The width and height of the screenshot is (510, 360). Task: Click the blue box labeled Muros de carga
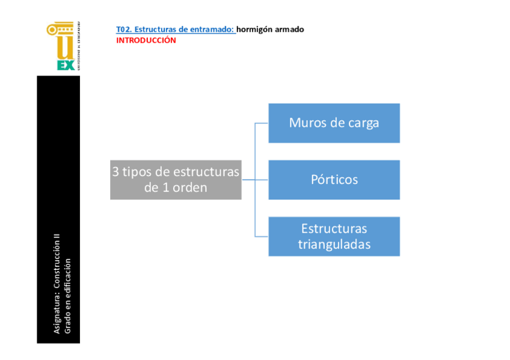click(334, 123)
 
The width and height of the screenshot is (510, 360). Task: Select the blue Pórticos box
click(334, 180)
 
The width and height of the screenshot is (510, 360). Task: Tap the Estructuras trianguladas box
click(334, 236)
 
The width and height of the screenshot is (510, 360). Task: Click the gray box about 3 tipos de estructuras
click(176, 180)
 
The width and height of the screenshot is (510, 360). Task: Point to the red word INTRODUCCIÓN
click(146, 40)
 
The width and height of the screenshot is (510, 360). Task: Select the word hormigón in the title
click(252, 29)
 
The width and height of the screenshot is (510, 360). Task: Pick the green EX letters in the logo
click(66, 65)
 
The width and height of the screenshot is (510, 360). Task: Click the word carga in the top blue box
click(364, 123)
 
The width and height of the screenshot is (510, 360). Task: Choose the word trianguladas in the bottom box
click(334, 245)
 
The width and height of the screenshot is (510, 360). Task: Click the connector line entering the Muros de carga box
click(262, 123)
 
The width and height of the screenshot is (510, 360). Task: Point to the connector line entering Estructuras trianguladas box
click(262, 236)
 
